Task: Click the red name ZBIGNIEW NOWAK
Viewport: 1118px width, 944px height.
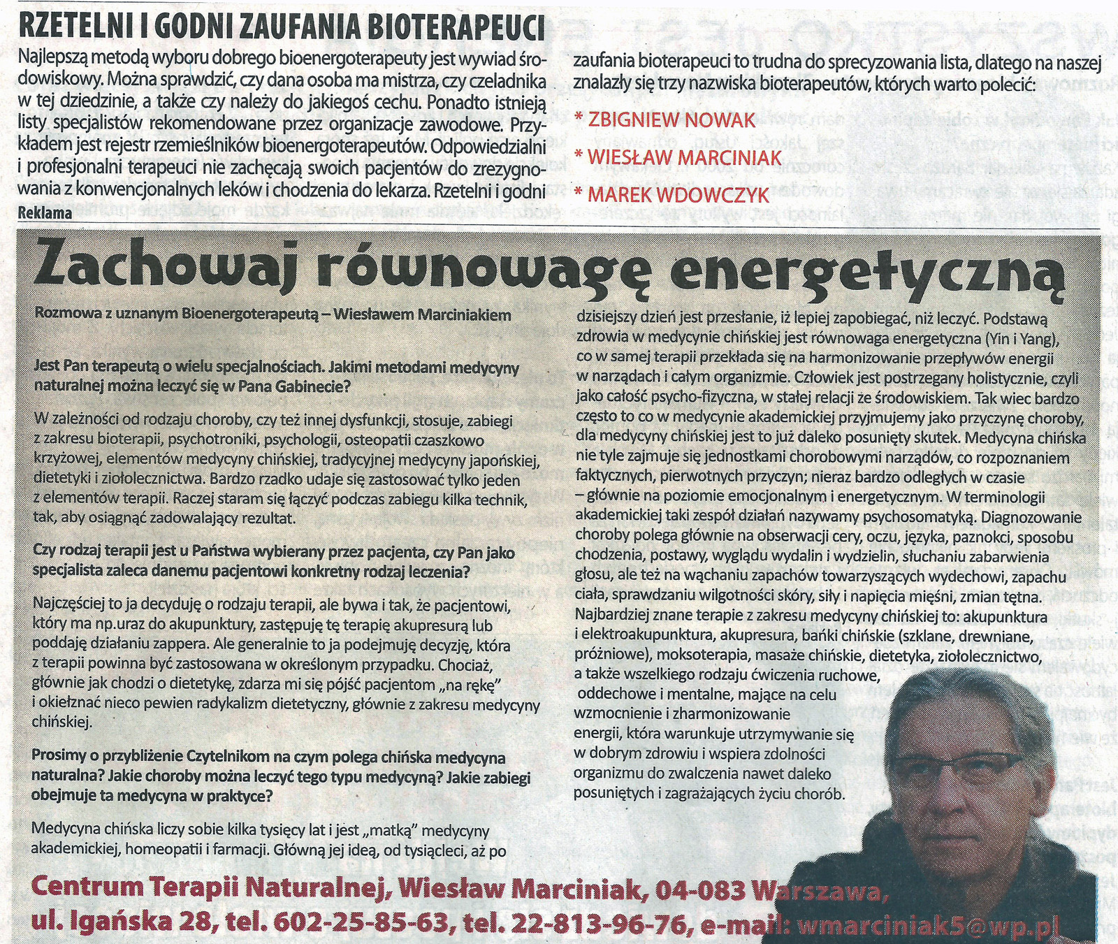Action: click(x=671, y=120)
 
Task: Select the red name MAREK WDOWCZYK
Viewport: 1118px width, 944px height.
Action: click(x=678, y=195)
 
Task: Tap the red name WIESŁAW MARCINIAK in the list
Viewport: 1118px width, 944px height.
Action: click(x=684, y=158)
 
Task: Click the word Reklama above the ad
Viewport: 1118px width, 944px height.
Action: click(x=45, y=213)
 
